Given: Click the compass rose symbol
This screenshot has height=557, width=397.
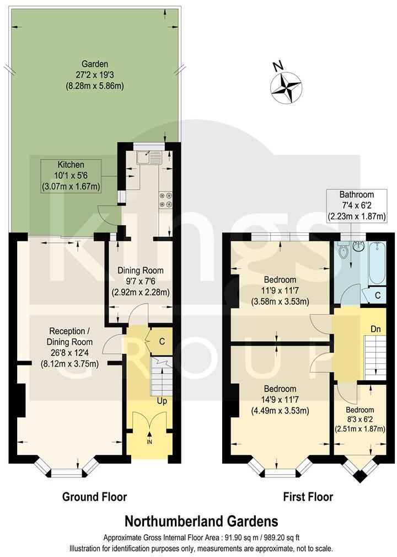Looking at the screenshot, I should (x=286, y=87).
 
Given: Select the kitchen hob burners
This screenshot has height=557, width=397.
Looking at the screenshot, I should (x=165, y=200).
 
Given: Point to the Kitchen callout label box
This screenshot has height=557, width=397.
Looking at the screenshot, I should (x=71, y=176).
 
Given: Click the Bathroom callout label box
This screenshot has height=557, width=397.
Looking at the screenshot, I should (x=356, y=205).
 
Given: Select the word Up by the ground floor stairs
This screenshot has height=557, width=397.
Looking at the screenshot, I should (x=162, y=400).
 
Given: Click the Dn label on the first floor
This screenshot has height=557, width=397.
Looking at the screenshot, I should (x=376, y=328).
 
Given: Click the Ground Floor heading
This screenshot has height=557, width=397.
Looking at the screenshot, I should (x=94, y=497).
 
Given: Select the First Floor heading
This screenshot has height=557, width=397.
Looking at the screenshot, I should (x=308, y=497).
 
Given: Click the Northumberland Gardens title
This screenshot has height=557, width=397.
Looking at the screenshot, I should (x=201, y=521).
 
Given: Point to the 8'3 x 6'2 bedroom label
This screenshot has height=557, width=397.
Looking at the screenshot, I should (x=360, y=419).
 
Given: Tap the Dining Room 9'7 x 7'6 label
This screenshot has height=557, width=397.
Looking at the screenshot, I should (x=140, y=281).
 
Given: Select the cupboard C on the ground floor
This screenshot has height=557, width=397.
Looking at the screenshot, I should (x=162, y=342).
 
